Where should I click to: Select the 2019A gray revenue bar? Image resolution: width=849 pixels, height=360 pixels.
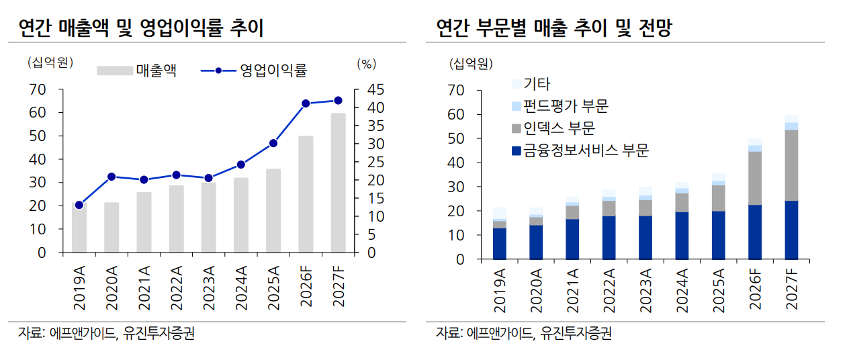79,228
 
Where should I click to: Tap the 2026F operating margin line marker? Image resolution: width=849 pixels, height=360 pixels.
306,103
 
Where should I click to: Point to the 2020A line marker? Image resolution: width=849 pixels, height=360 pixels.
111,177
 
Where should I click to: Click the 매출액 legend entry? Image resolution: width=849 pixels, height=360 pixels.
137,71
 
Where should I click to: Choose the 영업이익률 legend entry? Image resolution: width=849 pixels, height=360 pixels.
255,71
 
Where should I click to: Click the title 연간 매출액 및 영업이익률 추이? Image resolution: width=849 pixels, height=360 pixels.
141,28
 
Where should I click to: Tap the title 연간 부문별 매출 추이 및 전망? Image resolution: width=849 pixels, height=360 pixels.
554,28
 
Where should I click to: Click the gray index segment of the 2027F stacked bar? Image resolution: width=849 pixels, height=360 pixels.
791,165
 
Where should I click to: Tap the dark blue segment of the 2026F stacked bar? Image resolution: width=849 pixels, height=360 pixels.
755,232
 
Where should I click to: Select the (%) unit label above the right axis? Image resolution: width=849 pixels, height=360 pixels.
366,64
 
